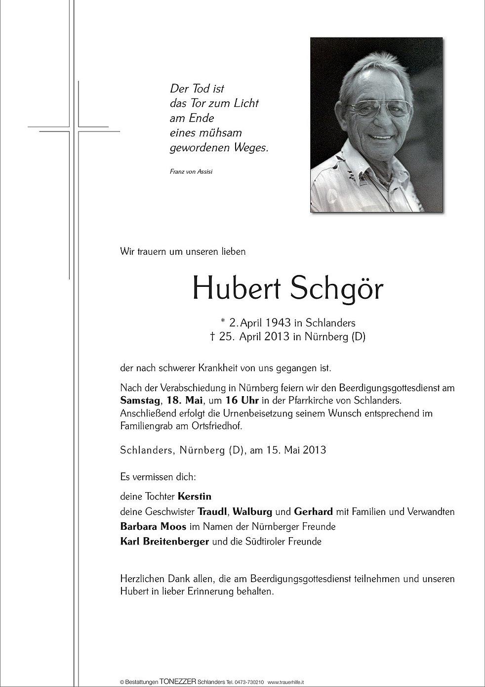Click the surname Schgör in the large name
(337, 289)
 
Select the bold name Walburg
(253, 511)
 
